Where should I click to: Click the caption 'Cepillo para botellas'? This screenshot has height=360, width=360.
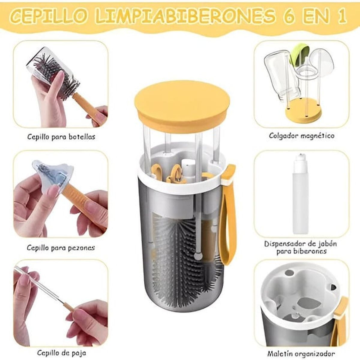[x=61, y=137]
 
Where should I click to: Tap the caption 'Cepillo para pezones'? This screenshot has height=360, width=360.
[x=61, y=248]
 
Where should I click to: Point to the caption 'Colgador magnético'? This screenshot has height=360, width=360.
[x=301, y=136]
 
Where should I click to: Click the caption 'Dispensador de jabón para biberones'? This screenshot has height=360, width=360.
[x=300, y=247]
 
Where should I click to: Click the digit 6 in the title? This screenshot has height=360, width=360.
[x=290, y=16]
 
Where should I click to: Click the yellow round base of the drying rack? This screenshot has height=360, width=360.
[x=303, y=114]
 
